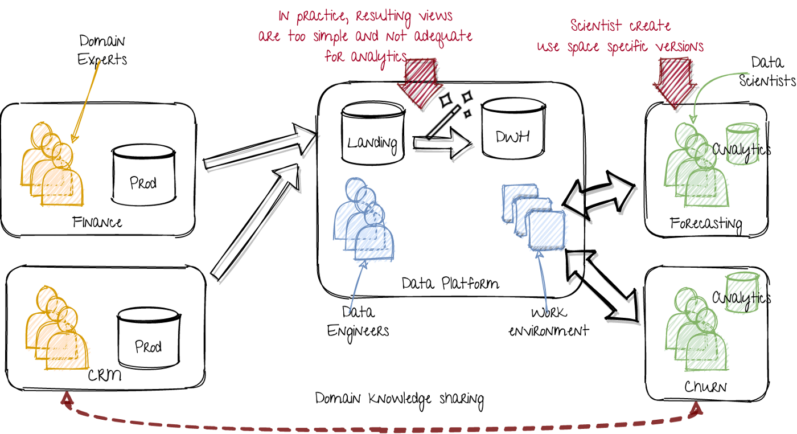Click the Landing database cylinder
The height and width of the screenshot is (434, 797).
372,133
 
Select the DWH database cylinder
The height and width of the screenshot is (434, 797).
513,128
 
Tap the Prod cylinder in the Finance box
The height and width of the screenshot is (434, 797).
143,174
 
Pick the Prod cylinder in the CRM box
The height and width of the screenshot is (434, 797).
149,338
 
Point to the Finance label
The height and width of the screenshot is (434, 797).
97,223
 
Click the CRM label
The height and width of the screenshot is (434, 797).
105,375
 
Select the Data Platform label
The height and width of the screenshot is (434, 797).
450,284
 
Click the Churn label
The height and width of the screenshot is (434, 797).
705,387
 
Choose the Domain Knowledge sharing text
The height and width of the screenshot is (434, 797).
399,400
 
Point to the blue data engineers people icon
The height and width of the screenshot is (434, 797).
363,219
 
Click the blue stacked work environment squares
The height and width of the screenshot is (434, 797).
533,216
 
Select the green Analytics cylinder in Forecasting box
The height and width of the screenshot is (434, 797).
742,144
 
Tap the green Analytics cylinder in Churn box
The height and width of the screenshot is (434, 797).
742,293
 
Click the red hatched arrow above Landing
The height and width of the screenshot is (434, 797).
420,83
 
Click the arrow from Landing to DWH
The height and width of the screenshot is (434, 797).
442,143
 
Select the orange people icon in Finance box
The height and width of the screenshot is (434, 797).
52,165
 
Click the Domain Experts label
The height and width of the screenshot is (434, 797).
102,50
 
